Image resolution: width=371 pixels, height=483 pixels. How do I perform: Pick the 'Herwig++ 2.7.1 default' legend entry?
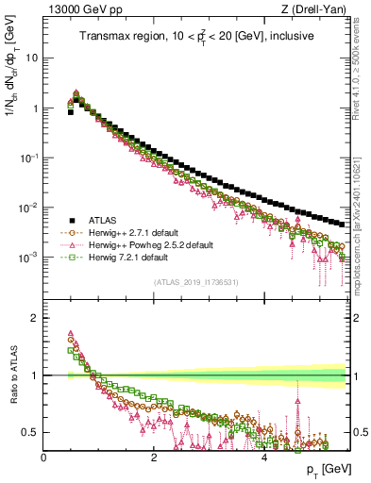click(x=134, y=232)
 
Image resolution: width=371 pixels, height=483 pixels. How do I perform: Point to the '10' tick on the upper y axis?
click(x=32, y=58)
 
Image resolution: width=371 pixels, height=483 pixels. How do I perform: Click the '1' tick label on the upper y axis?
click(x=35, y=108)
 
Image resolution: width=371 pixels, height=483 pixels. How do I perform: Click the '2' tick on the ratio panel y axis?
click(x=35, y=318)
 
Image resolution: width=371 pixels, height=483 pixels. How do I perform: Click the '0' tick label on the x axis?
click(x=44, y=457)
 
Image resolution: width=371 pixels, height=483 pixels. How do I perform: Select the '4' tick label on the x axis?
click(x=263, y=457)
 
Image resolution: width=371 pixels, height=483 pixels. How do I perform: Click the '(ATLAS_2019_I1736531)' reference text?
click(x=195, y=282)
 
